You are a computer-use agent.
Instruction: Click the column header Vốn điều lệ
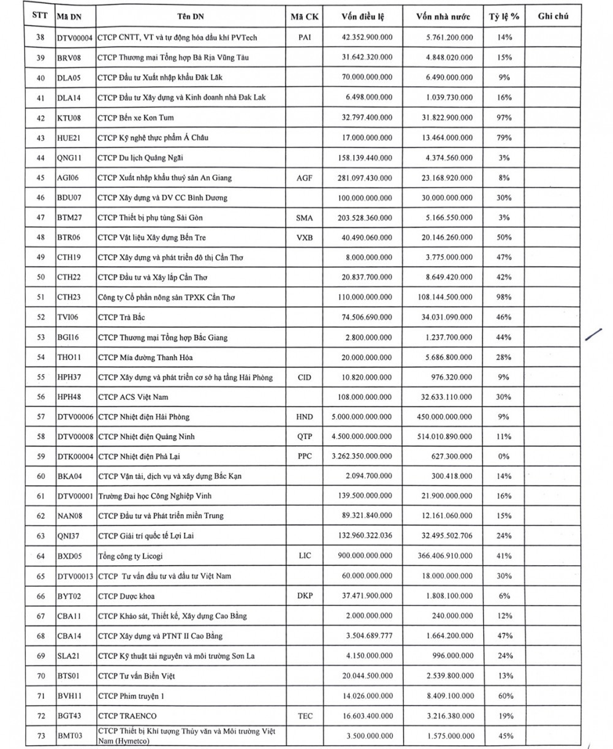pos(364,16)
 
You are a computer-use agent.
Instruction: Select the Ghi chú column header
pos(553,16)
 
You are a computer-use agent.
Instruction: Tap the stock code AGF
pos(305,178)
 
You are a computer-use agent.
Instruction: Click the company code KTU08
pos(69,118)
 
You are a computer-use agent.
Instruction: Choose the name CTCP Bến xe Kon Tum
pos(131,118)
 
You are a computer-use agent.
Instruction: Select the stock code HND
pos(305,416)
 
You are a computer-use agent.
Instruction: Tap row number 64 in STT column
pos(40,556)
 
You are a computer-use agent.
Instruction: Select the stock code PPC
pos(305,456)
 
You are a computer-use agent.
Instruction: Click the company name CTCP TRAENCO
pos(127,715)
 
